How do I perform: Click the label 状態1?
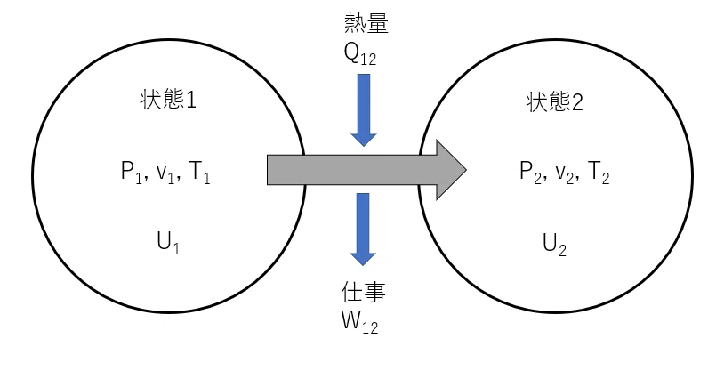click(168, 100)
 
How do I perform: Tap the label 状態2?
click(554, 102)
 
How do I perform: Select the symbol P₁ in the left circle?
click(131, 173)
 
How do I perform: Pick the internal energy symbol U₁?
click(168, 243)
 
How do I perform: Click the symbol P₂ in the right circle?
click(530, 173)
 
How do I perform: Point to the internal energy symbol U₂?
click(554, 244)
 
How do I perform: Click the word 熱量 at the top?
click(366, 23)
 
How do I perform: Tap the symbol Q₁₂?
click(360, 54)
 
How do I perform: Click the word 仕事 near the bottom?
click(363, 292)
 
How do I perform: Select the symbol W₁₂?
click(359, 322)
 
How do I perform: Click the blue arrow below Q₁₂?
click(364, 110)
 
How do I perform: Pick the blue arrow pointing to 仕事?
click(363, 230)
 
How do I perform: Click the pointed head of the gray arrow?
click(466, 170)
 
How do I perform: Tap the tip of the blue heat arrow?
click(364, 146)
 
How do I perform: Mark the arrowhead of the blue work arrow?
click(363, 265)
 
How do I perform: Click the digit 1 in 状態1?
click(190, 101)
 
